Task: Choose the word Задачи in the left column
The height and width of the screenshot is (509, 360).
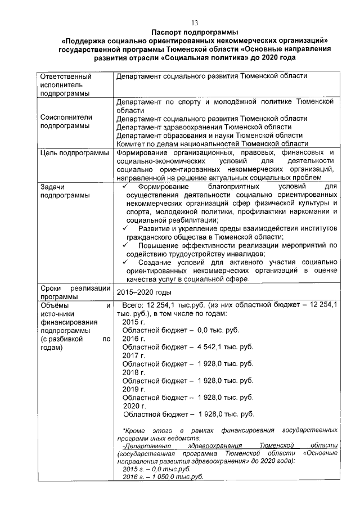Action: pyautogui.click(x=53, y=186)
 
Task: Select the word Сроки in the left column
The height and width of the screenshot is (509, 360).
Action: pyautogui.click(x=52, y=288)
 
